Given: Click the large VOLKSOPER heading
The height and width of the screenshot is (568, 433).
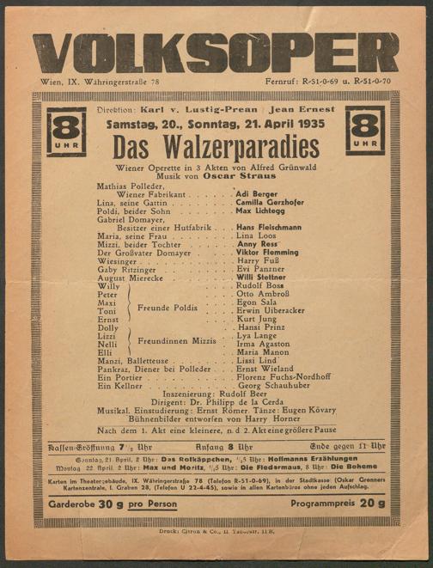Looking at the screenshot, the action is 216,53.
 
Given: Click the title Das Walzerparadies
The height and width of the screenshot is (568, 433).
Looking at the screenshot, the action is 216,146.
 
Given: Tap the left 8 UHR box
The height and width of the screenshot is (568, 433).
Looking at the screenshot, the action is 66,131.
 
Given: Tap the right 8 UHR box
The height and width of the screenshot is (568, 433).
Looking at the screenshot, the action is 366,130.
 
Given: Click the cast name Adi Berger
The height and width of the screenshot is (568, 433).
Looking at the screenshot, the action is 256,194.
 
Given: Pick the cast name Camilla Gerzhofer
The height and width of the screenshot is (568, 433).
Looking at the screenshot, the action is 271,202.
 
